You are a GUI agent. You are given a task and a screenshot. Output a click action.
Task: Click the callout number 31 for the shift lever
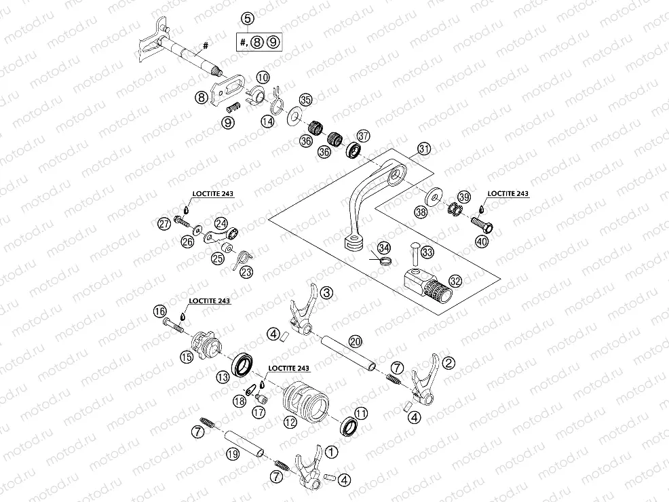pos(424,148)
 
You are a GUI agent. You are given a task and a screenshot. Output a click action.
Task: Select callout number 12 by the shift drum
pos(290,422)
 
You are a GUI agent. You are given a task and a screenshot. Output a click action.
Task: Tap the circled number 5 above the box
pos(248,18)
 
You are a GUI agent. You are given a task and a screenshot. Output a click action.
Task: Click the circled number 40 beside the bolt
pos(481,241)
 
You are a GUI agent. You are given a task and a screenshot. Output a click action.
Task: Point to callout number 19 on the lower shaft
pos(231,455)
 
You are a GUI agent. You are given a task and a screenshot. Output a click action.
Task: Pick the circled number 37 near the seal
pos(363,136)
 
